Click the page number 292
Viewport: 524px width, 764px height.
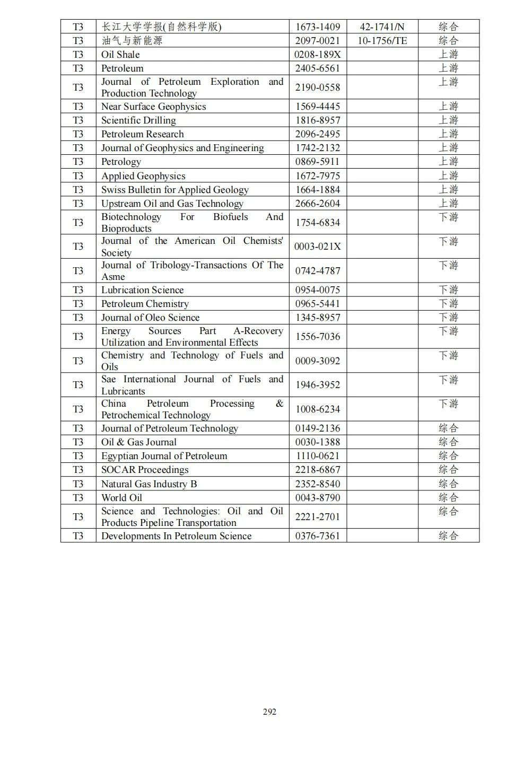(269, 712)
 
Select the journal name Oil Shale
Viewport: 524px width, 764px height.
(120, 55)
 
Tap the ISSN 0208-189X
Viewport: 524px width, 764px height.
(318, 55)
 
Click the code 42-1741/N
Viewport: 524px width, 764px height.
(382, 27)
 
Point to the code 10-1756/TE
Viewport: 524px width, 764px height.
(382, 40)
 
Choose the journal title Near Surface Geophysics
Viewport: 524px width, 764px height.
(153, 107)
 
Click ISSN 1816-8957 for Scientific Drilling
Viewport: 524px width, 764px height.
(318, 120)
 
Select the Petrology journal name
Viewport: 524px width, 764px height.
(121, 162)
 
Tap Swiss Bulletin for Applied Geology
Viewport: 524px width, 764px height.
(174, 190)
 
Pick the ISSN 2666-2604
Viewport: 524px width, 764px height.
(318, 204)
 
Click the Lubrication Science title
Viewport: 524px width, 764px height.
(142, 290)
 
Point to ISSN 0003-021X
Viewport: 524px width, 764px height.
(318, 247)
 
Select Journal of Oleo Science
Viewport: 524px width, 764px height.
(150, 318)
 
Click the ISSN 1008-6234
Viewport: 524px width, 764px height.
(318, 409)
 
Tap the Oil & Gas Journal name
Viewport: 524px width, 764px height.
(138, 442)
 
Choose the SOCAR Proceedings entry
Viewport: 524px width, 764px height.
(145, 470)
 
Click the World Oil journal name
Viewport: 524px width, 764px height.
(121, 498)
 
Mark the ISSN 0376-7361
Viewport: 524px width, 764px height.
(318, 536)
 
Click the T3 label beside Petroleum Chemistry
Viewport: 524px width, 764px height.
(78, 304)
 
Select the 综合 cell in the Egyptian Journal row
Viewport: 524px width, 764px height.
(448, 456)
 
